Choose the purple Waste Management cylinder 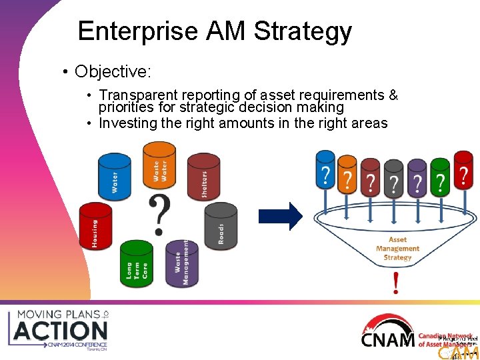(x=181, y=263)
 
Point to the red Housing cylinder (x=95, y=227)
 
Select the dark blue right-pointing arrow (x=280, y=215)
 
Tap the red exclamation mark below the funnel (x=397, y=283)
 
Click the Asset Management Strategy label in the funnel (x=397, y=249)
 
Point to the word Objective (x=111, y=71)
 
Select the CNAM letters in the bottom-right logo (x=387, y=339)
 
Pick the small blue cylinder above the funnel (x=325, y=170)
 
